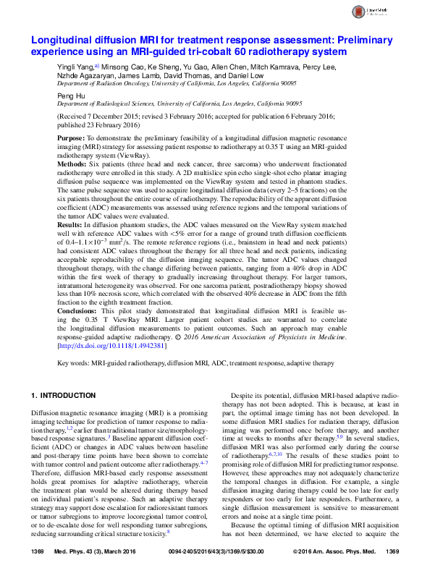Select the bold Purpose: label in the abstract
click(71, 137)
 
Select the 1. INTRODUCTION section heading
click(64, 396)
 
